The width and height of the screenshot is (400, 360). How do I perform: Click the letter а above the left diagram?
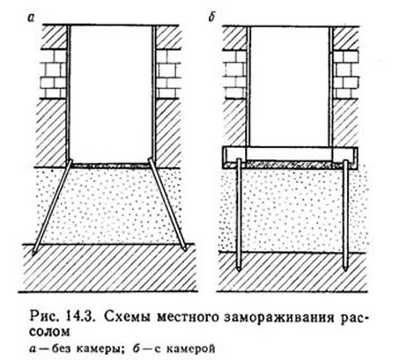(31, 18)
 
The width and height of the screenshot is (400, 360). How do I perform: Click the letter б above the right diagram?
(211, 18)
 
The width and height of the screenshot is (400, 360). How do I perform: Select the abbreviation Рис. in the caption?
(45, 318)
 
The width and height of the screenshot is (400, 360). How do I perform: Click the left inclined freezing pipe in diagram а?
(52, 206)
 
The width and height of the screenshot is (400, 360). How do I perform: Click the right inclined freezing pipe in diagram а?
(167, 204)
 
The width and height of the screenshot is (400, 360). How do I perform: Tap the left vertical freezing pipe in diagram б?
(239, 215)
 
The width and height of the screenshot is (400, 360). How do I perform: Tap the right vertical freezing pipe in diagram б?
(345, 215)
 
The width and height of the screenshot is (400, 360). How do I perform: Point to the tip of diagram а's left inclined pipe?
(33, 253)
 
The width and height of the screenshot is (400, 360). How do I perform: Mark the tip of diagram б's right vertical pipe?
(345, 270)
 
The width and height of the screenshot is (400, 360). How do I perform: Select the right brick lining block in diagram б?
(346, 75)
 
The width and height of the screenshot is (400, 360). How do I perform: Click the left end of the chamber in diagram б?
(224, 158)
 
